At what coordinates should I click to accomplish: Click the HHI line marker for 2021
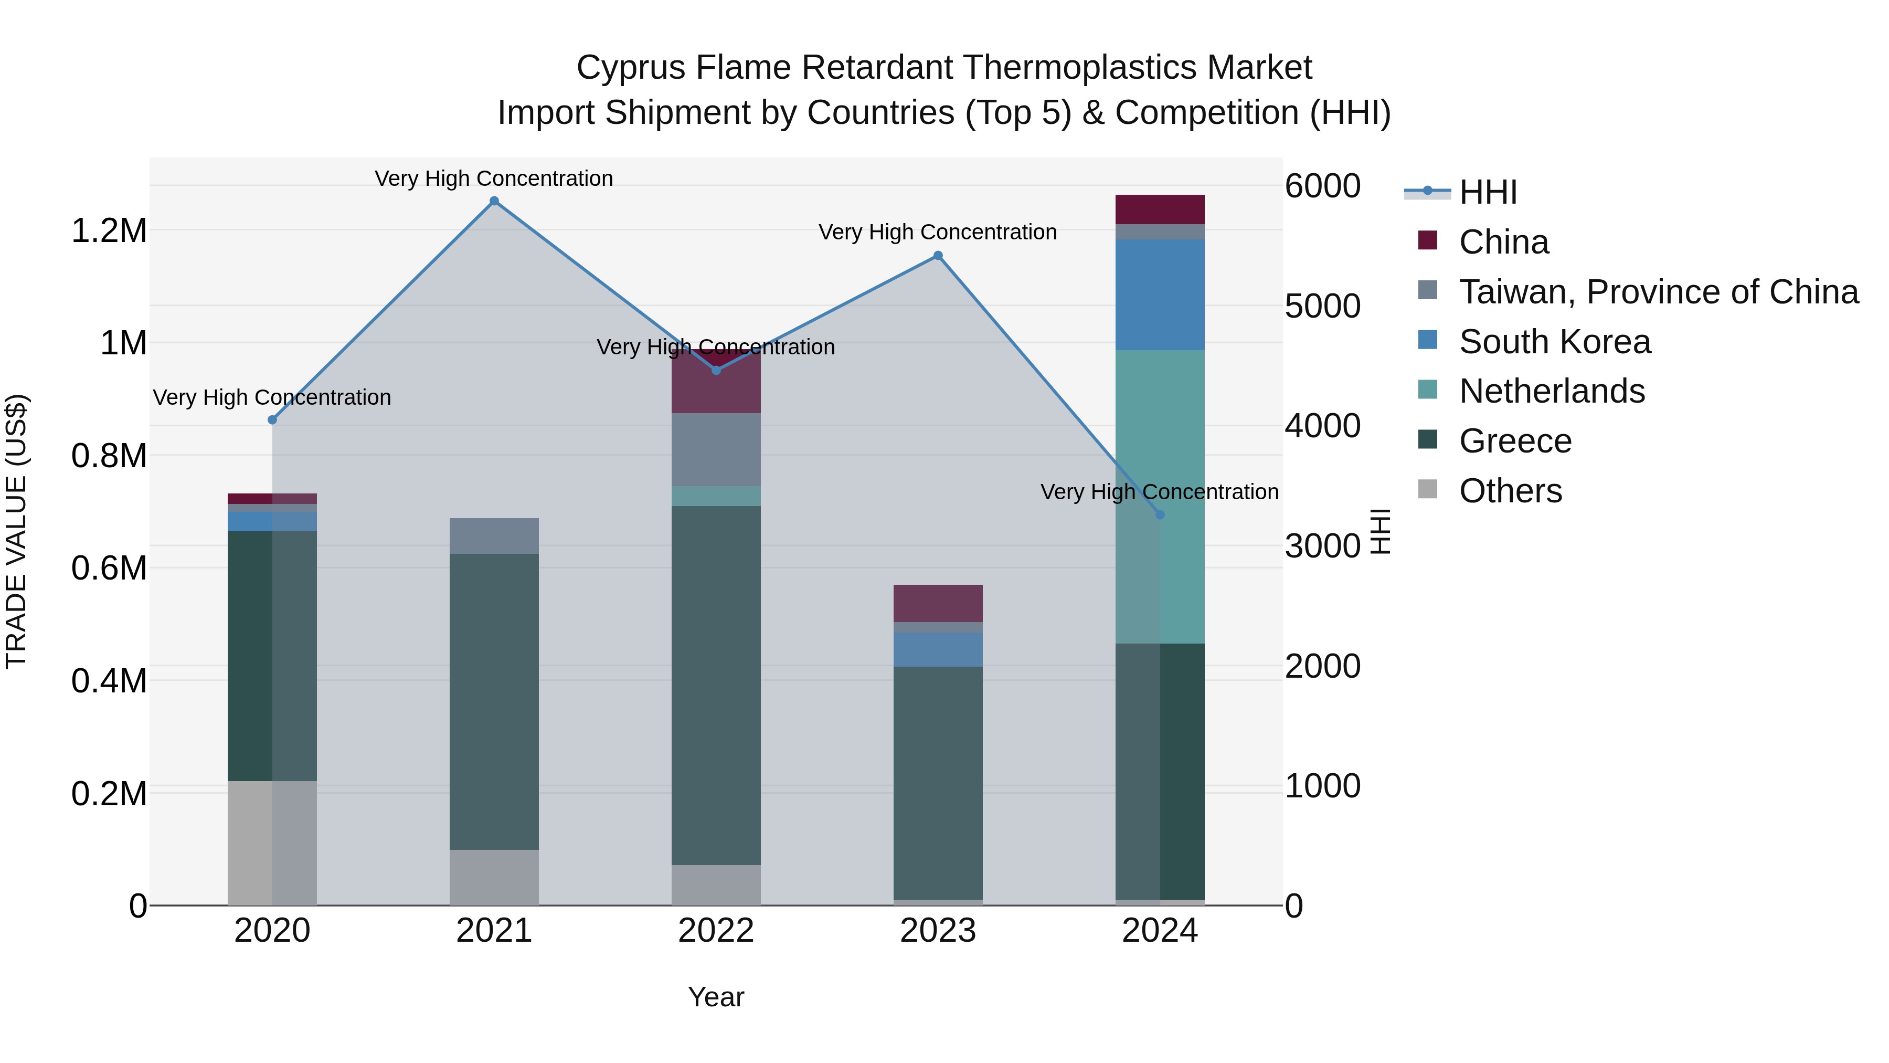click(x=494, y=201)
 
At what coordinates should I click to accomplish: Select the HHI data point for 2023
click(x=938, y=255)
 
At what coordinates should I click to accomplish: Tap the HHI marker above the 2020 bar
click(x=272, y=419)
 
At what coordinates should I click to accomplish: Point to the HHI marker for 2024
click(x=1159, y=515)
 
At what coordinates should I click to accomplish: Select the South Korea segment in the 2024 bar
click(x=1159, y=294)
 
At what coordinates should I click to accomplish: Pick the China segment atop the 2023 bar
click(x=938, y=603)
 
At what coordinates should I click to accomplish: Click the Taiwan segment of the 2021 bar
click(x=494, y=535)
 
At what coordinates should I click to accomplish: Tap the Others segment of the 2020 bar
click(x=272, y=843)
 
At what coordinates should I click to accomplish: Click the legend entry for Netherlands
click(x=1552, y=391)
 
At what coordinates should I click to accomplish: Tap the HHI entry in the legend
click(x=1487, y=192)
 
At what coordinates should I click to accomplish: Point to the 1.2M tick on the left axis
click(x=109, y=231)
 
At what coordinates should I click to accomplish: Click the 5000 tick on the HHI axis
click(x=1322, y=307)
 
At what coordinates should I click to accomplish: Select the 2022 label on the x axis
click(x=716, y=931)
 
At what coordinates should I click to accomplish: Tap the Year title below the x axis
click(x=716, y=997)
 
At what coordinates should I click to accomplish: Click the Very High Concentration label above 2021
click(x=494, y=178)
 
